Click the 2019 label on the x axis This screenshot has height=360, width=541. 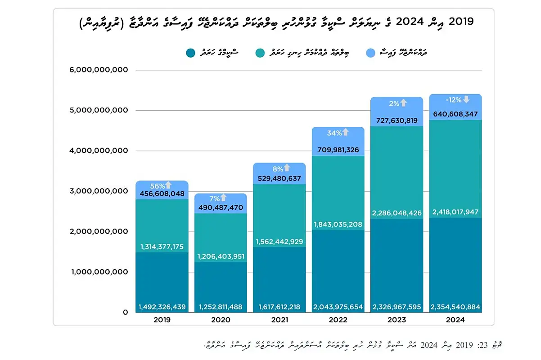[162, 320]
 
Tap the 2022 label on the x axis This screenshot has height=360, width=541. [338, 320]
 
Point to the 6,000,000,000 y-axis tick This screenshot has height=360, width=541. [100, 70]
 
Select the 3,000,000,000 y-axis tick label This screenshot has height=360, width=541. [100, 191]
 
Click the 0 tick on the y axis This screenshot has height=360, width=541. [126, 312]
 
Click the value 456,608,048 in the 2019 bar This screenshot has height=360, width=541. [162, 194]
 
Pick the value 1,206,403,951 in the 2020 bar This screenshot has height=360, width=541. [221, 256]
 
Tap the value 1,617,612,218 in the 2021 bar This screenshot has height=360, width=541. [280, 307]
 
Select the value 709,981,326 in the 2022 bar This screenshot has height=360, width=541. [338, 150]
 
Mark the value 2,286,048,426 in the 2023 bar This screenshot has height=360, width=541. [397, 213]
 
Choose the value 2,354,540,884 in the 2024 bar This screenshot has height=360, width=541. [456, 307]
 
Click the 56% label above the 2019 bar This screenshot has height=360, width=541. [158, 186]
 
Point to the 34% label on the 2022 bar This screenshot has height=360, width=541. [334, 133]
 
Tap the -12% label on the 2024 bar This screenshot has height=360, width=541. [453, 99]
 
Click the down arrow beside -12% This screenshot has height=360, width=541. [466, 99]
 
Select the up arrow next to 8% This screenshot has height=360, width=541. [287, 168]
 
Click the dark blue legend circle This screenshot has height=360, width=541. [190, 53]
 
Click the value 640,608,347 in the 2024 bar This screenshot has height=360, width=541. [456, 114]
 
